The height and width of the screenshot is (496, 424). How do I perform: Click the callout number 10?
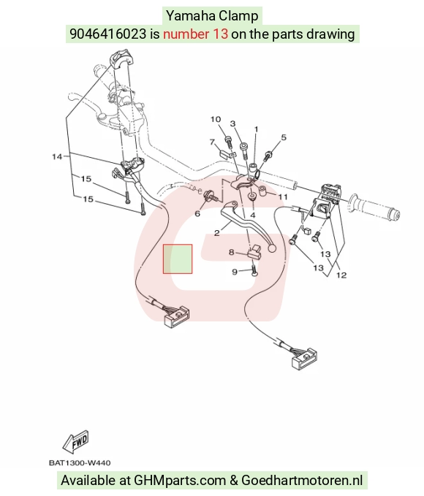(216, 119)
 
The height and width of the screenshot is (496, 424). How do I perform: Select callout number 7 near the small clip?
(213, 142)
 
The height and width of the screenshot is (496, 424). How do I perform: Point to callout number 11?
(283, 197)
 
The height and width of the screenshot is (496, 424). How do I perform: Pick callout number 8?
(232, 253)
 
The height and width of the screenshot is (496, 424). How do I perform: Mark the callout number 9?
(235, 272)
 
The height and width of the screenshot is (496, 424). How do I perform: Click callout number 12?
(341, 275)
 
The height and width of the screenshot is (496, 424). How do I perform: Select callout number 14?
(57, 156)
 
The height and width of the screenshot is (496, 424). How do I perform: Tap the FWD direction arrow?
(76, 442)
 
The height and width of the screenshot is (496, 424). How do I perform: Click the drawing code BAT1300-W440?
(80, 463)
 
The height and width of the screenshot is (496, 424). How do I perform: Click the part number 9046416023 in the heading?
(108, 34)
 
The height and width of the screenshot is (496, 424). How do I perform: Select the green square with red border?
(178, 259)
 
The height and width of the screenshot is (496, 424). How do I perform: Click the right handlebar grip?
(374, 208)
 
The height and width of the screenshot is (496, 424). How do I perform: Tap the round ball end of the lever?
(272, 248)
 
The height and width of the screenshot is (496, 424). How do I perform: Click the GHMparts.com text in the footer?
(180, 480)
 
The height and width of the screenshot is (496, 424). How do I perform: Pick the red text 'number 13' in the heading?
(195, 34)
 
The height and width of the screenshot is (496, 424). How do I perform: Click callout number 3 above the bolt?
(232, 123)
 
